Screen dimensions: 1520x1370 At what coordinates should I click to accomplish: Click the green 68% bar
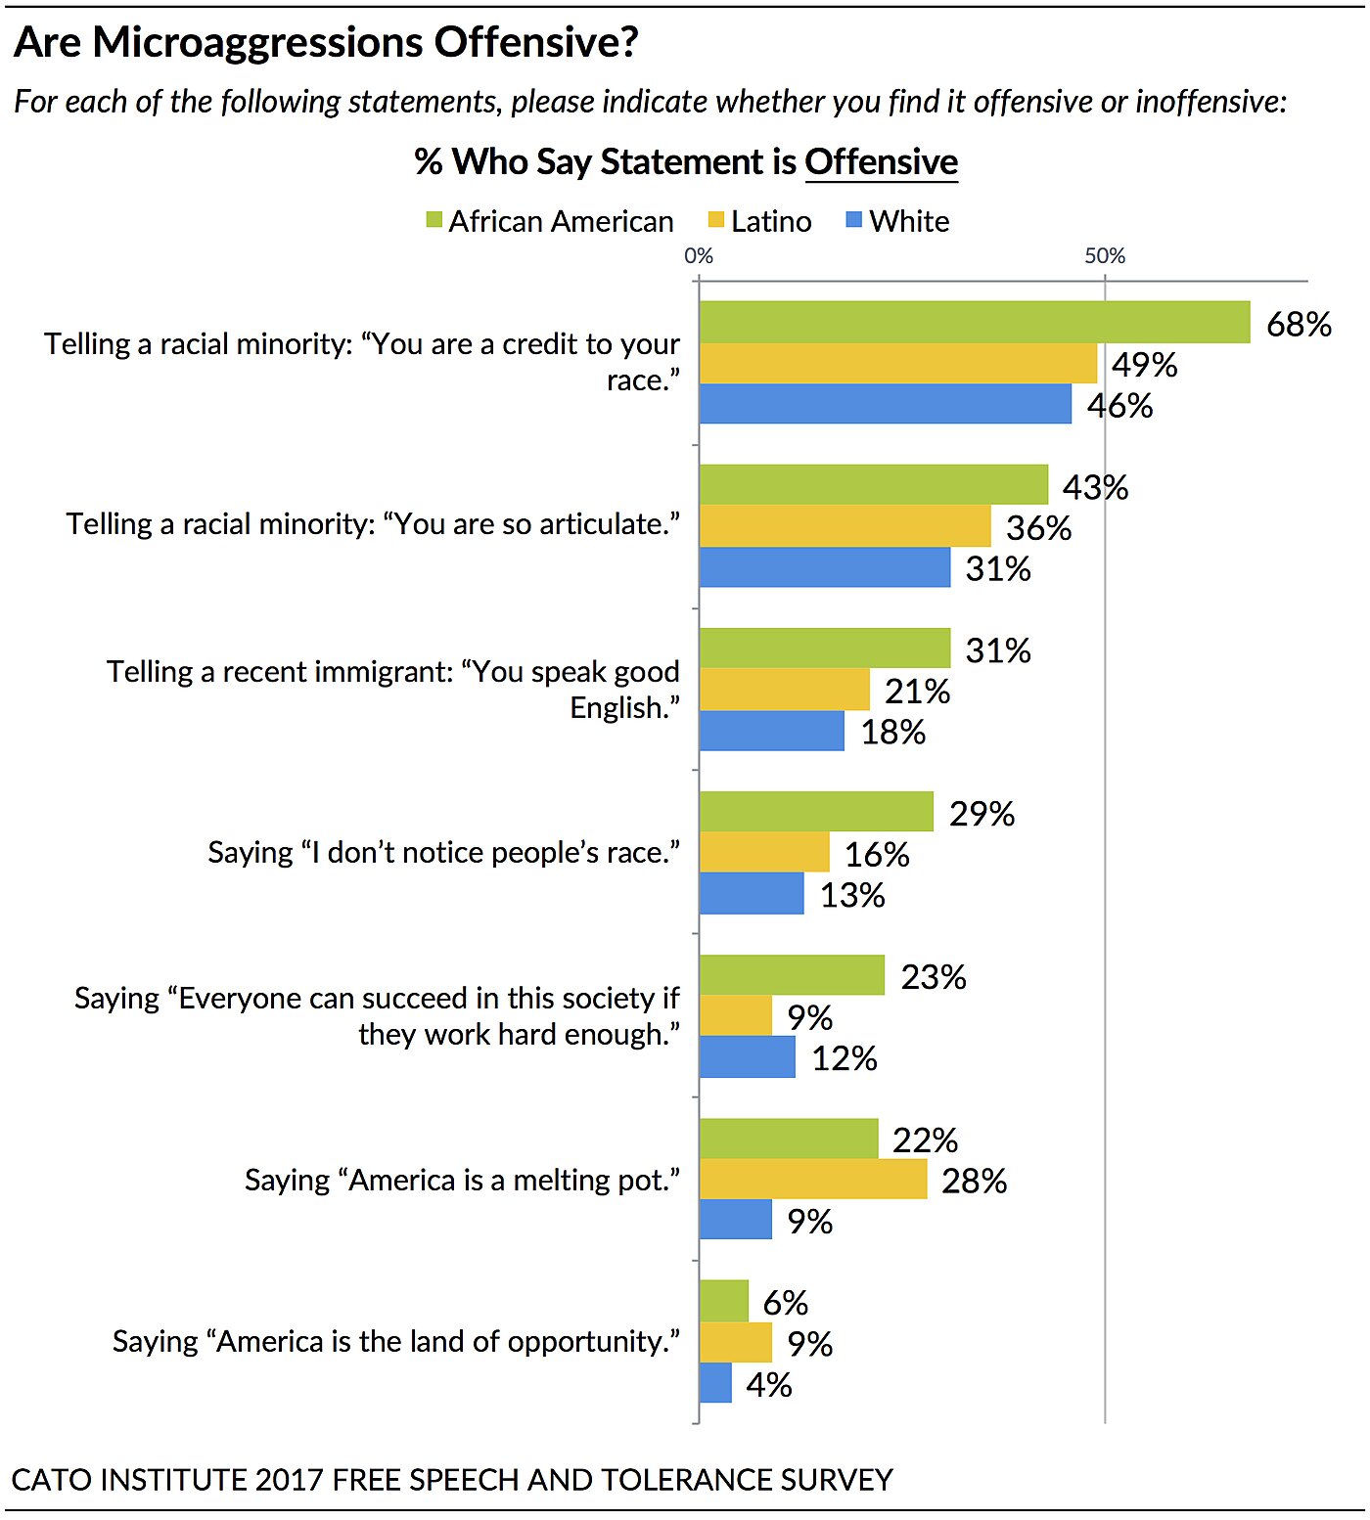(974, 322)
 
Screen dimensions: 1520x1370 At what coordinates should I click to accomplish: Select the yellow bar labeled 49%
(897, 363)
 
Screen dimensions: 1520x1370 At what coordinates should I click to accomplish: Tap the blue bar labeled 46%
(885, 404)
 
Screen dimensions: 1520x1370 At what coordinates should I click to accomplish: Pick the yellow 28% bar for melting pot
(812, 1180)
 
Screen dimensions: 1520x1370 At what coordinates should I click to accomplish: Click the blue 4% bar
(715, 1383)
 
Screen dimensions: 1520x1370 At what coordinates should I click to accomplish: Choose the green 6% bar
(723, 1301)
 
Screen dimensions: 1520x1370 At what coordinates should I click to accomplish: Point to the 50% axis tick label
(1105, 255)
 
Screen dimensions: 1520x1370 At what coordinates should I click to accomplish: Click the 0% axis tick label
(699, 255)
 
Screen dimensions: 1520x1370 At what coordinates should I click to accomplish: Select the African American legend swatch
(434, 220)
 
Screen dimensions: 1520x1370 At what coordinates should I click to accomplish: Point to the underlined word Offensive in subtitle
(881, 161)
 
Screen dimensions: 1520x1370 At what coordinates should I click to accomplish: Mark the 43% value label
(1095, 486)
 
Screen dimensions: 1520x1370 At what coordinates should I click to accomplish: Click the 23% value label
(933, 976)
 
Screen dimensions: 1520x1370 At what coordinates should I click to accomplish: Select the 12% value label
(844, 1057)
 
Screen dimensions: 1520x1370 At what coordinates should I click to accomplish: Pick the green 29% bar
(816, 811)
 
